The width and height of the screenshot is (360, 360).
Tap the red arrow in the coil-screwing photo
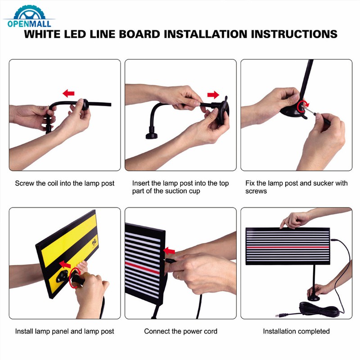68,93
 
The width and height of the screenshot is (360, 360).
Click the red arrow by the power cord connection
169,250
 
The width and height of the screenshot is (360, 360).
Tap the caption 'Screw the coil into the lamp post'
65,184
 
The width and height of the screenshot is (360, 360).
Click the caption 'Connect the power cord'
180,331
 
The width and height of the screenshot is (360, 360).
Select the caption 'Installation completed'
297,331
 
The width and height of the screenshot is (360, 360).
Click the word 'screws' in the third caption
256,191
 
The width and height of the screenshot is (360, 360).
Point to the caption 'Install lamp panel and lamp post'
65,331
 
